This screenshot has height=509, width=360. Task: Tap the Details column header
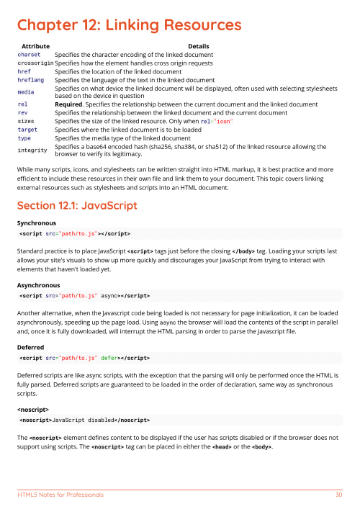pyautogui.click(x=198, y=46)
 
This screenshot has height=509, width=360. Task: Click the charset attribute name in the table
pyautogui.click(x=30, y=54)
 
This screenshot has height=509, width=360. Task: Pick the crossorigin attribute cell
pyautogui.click(x=35, y=63)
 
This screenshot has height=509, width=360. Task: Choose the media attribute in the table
pyautogui.click(x=26, y=91)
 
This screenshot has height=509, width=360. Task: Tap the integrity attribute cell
pyautogui.click(x=32, y=150)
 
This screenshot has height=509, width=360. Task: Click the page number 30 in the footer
pyautogui.click(x=338, y=495)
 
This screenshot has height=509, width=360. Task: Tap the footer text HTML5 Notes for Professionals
pyautogui.click(x=60, y=495)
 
